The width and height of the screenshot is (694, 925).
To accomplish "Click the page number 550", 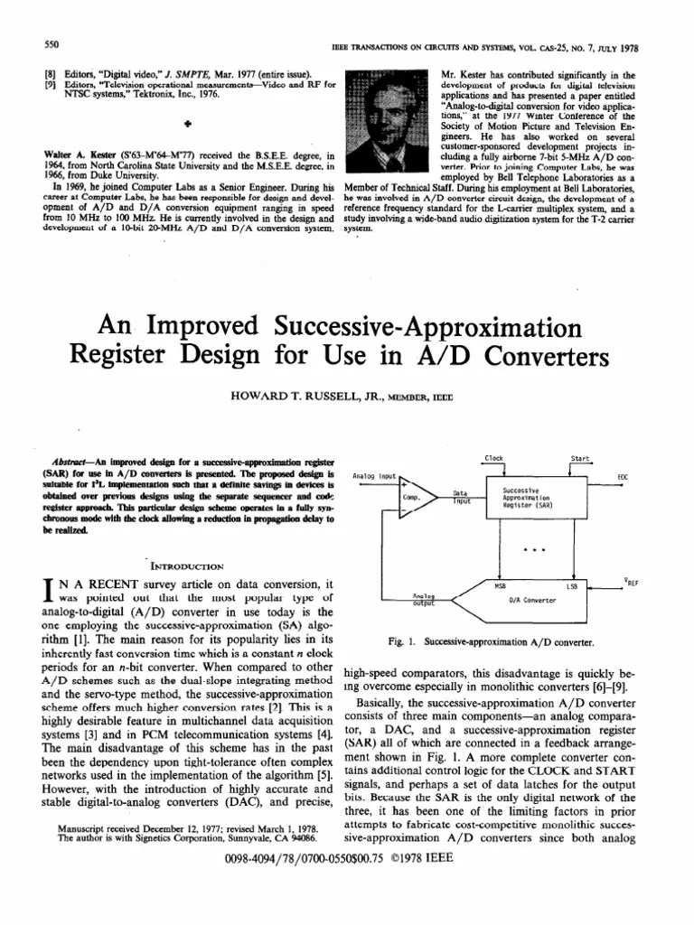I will (52, 44).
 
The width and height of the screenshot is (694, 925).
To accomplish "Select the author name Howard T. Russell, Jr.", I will (310, 395).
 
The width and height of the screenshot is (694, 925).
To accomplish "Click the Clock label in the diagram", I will (494, 459).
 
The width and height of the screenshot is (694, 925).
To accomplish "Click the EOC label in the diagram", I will (623, 476).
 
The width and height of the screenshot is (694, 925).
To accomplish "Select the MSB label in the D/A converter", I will (500, 586).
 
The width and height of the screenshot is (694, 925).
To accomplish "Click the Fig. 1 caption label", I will (400, 643).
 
